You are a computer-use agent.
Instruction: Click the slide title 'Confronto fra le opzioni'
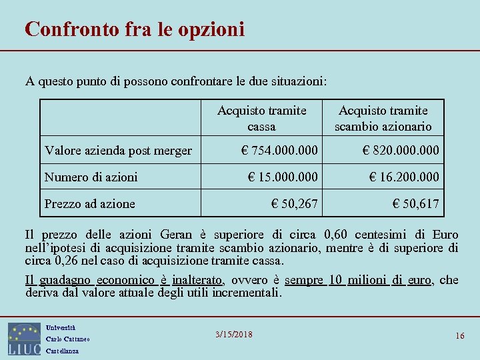pyautogui.click(x=135, y=29)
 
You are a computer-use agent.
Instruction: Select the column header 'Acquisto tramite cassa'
pyautogui.click(x=261, y=118)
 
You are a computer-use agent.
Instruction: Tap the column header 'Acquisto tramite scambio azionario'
pyautogui.click(x=383, y=118)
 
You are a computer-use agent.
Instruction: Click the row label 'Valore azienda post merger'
pyautogui.click(x=118, y=151)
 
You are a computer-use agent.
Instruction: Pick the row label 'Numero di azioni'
pyautogui.click(x=91, y=177)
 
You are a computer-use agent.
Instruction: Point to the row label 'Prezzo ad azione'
pyautogui.click(x=89, y=203)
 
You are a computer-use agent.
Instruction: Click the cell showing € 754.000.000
pyautogui.click(x=279, y=151)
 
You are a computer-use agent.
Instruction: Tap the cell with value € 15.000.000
pyautogui.click(x=283, y=177)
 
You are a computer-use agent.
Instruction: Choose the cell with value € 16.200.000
pyautogui.click(x=405, y=177)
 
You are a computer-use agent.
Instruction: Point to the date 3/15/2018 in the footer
pyautogui.click(x=235, y=334)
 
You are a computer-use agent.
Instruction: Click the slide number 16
pyautogui.click(x=460, y=335)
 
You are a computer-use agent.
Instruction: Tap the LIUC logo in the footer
pyautogui.click(x=24, y=339)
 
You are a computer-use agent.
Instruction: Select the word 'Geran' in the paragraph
pyautogui.click(x=175, y=235)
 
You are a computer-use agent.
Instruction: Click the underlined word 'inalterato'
pyautogui.click(x=197, y=280)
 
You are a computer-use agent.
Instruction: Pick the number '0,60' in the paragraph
pyautogui.click(x=335, y=235)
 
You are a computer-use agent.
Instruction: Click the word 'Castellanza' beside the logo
pyautogui.click(x=62, y=351)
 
